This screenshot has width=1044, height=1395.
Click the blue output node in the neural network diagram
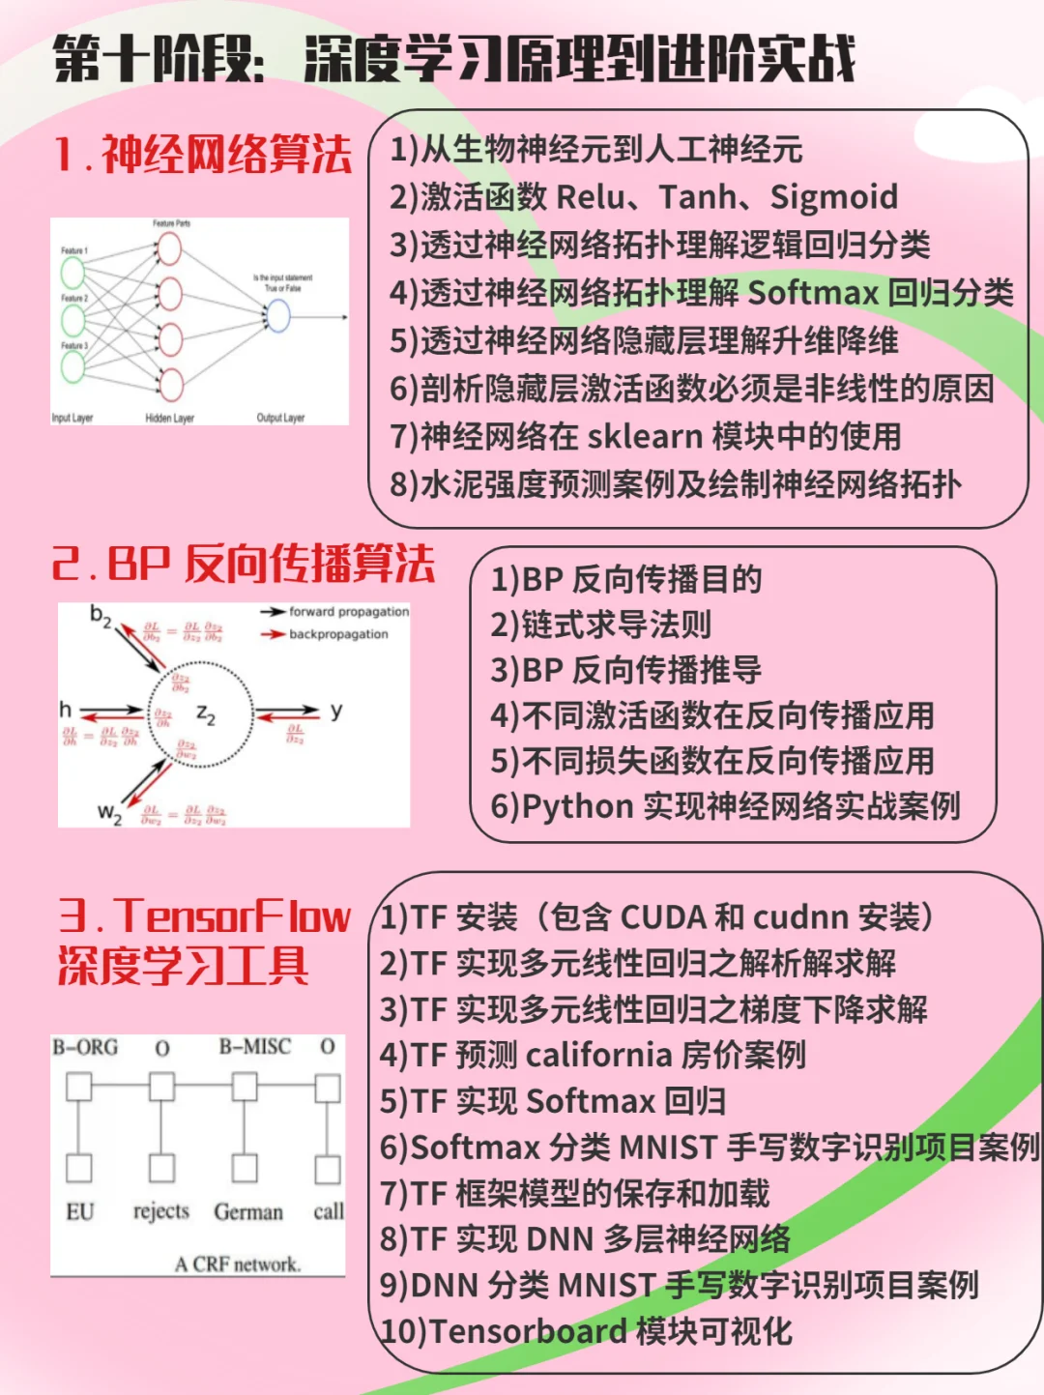(278, 316)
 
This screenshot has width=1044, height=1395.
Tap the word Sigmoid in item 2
(833, 197)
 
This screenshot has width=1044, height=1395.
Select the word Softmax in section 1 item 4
(813, 292)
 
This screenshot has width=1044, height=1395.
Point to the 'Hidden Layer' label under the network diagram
(169, 419)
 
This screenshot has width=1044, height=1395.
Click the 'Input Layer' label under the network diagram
(72, 419)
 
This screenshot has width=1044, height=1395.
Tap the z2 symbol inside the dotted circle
(206, 714)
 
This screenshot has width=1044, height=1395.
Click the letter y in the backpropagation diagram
(335, 711)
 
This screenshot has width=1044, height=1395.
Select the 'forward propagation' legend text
(348, 612)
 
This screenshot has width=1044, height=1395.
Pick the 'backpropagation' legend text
(338, 634)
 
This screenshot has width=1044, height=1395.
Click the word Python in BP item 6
(577, 806)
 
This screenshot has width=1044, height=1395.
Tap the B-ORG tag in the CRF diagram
(85, 1048)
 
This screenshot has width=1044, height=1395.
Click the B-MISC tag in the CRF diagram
(254, 1047)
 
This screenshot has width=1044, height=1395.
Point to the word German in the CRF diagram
(248, 1212)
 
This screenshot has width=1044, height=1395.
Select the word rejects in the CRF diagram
(161, 1211)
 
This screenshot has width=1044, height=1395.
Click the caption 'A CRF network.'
(238, 1264)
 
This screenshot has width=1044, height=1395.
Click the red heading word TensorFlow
(232, 916)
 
